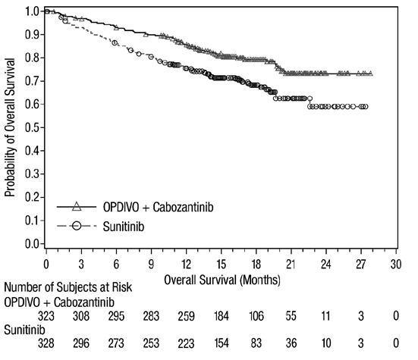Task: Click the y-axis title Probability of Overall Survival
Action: coord(10,127)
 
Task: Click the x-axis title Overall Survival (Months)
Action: coord(222,280)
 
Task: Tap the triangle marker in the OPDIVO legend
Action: coord(77,206)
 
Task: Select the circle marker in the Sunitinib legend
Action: coord(77,227)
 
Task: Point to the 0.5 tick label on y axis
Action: coord(32,127)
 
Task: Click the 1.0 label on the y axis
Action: coord(32,11)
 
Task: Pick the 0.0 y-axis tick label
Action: coord(32,243)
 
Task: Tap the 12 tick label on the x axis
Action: coord(186,265)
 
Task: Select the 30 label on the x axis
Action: coord(396,265)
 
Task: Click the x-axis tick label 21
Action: coord(291,265)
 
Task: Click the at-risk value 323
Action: coord(46,316)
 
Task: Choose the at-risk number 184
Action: coord(222,316)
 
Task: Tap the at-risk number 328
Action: coord(46,343)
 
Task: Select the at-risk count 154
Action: coord(222,343)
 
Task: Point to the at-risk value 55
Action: coord(291,316)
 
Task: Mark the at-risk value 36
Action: coord(291,343)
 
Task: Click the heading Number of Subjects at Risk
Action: coord(68,287)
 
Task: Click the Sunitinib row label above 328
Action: coord(24,330)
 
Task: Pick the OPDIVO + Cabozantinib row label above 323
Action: coord(59,302)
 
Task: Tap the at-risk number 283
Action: coord(151,316)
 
